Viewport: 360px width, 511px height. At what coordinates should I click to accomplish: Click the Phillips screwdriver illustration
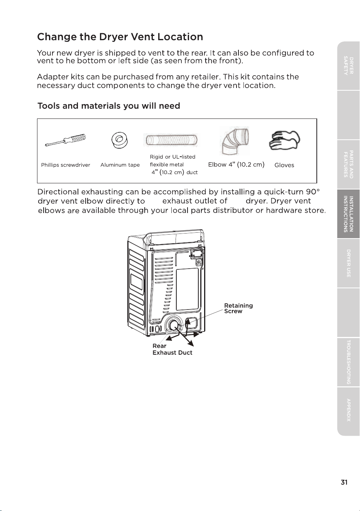click(66, 140)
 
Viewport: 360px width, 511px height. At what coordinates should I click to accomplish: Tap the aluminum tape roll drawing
click(120, 140)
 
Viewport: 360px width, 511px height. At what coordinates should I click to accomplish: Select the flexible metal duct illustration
click(171, 140)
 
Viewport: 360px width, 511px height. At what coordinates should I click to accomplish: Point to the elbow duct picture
click(235, 141)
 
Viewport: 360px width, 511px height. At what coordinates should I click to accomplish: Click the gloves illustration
click(284, 140)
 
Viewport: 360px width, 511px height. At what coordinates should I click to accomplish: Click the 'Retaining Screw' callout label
click(238, 308)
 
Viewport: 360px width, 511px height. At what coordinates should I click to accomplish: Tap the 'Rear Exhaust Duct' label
click(172, 349)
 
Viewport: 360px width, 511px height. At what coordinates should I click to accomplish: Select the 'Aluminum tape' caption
click(120, 165)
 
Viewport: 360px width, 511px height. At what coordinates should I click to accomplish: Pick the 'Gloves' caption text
click(284, 165)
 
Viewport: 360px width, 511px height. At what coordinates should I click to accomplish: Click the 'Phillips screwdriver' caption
click(66, 165)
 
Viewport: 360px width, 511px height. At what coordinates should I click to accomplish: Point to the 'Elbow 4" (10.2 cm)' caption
click(237, 164)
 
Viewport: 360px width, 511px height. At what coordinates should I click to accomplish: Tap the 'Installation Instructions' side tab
click(348, 214)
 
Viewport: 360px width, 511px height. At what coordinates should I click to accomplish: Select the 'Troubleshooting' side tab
click(348, 362)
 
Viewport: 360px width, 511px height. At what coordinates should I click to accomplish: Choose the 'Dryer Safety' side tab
click(348, 66)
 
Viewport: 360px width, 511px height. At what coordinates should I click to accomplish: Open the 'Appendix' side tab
click(348, 411)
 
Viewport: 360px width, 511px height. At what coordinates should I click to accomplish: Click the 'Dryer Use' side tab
click(348, 263)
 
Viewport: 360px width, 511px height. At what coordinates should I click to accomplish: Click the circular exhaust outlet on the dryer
click(174, 327)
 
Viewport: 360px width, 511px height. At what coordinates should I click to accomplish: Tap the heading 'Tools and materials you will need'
click(109, 106)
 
